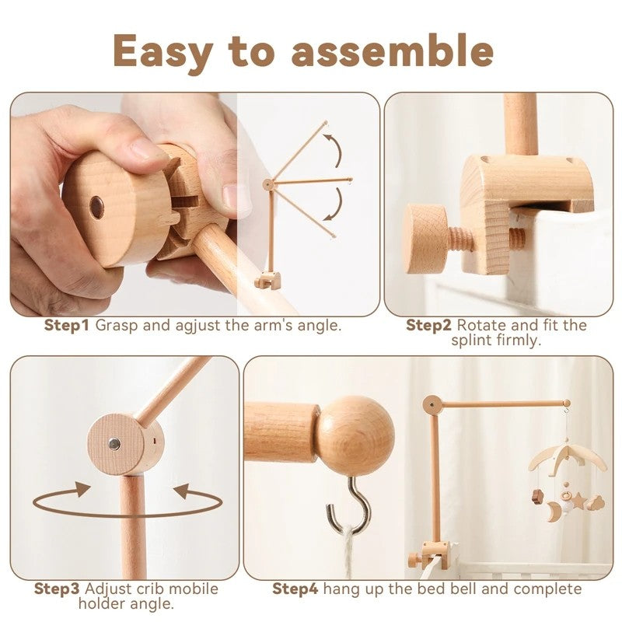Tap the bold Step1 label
[x=67, y=325]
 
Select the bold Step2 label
[x=428, y=325]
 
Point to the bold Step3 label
[x=57, y=589]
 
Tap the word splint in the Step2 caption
[x=473, y=340]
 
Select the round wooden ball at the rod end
[x=355, y=435]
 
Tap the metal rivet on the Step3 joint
[x=114, y=444]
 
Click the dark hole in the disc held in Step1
[x=97, y=207]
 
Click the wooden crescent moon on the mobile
[x=553, y=511]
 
